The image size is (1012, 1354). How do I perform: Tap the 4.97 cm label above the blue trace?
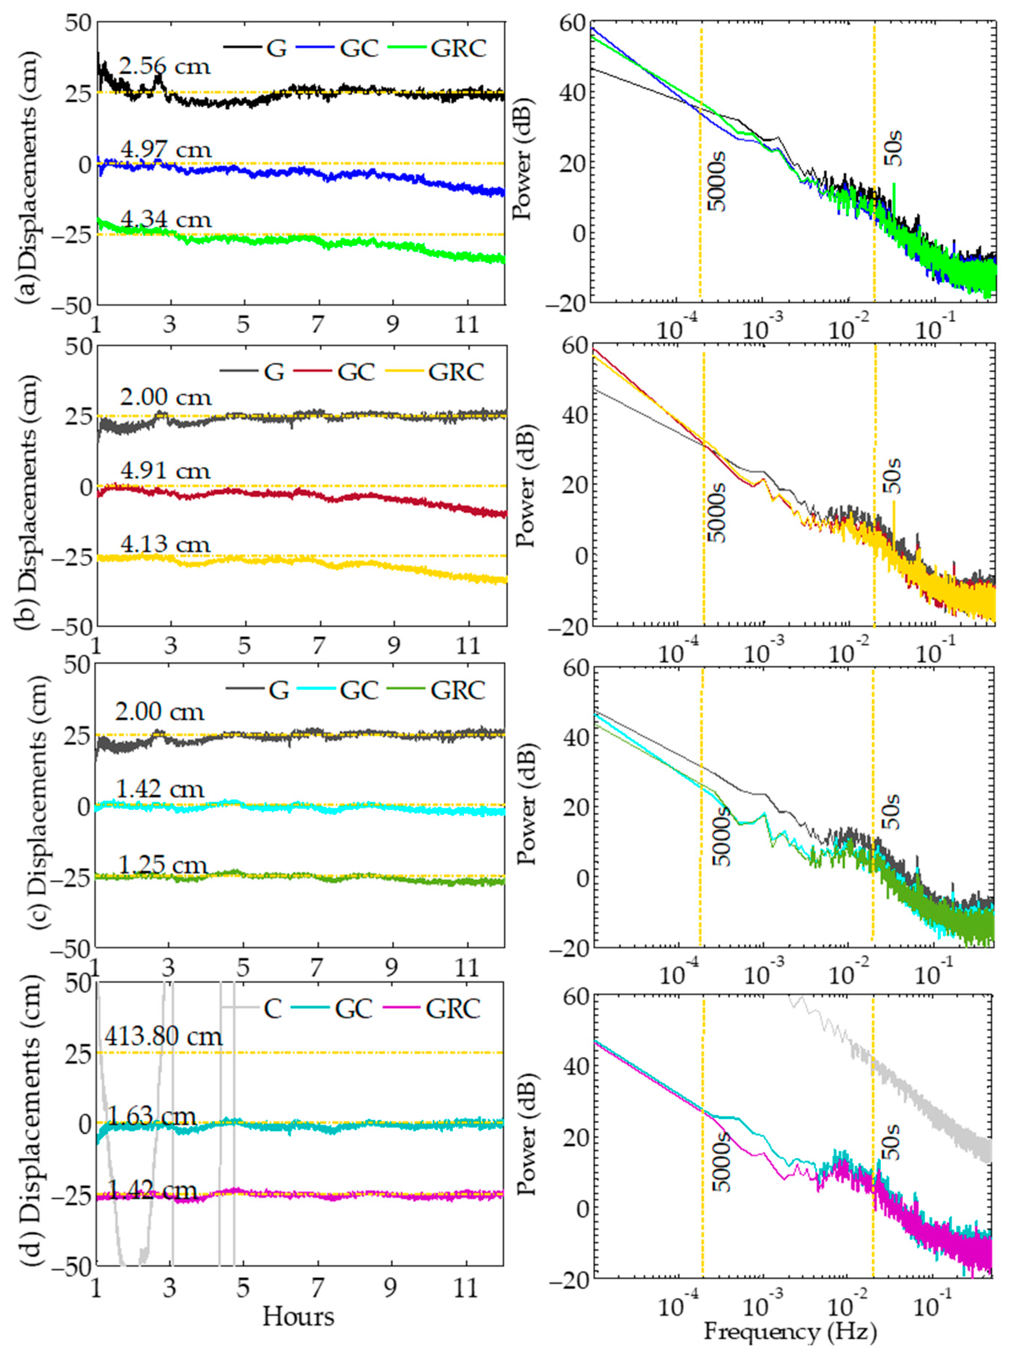coord(165,149)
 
